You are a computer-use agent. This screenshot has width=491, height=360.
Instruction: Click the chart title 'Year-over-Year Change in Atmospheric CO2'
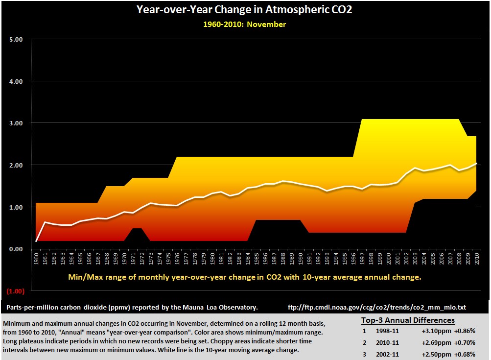(x=245, y=10)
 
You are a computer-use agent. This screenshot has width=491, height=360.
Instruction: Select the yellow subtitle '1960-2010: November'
(x=245, y=24)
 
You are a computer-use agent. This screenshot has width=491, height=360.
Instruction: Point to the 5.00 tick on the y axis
(x=16, y=39)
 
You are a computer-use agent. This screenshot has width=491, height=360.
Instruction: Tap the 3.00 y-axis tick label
(x=16, y=123)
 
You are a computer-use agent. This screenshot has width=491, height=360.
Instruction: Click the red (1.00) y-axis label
(x=15, y=291)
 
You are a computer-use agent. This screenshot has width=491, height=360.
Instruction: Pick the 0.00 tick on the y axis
(x=16, y=249)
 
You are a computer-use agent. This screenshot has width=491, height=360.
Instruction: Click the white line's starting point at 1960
(x=37, y=241)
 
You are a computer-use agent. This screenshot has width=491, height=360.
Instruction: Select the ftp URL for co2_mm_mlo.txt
(x=377, y=308)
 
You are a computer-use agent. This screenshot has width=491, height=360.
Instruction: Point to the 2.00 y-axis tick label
(x=16, y=165)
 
